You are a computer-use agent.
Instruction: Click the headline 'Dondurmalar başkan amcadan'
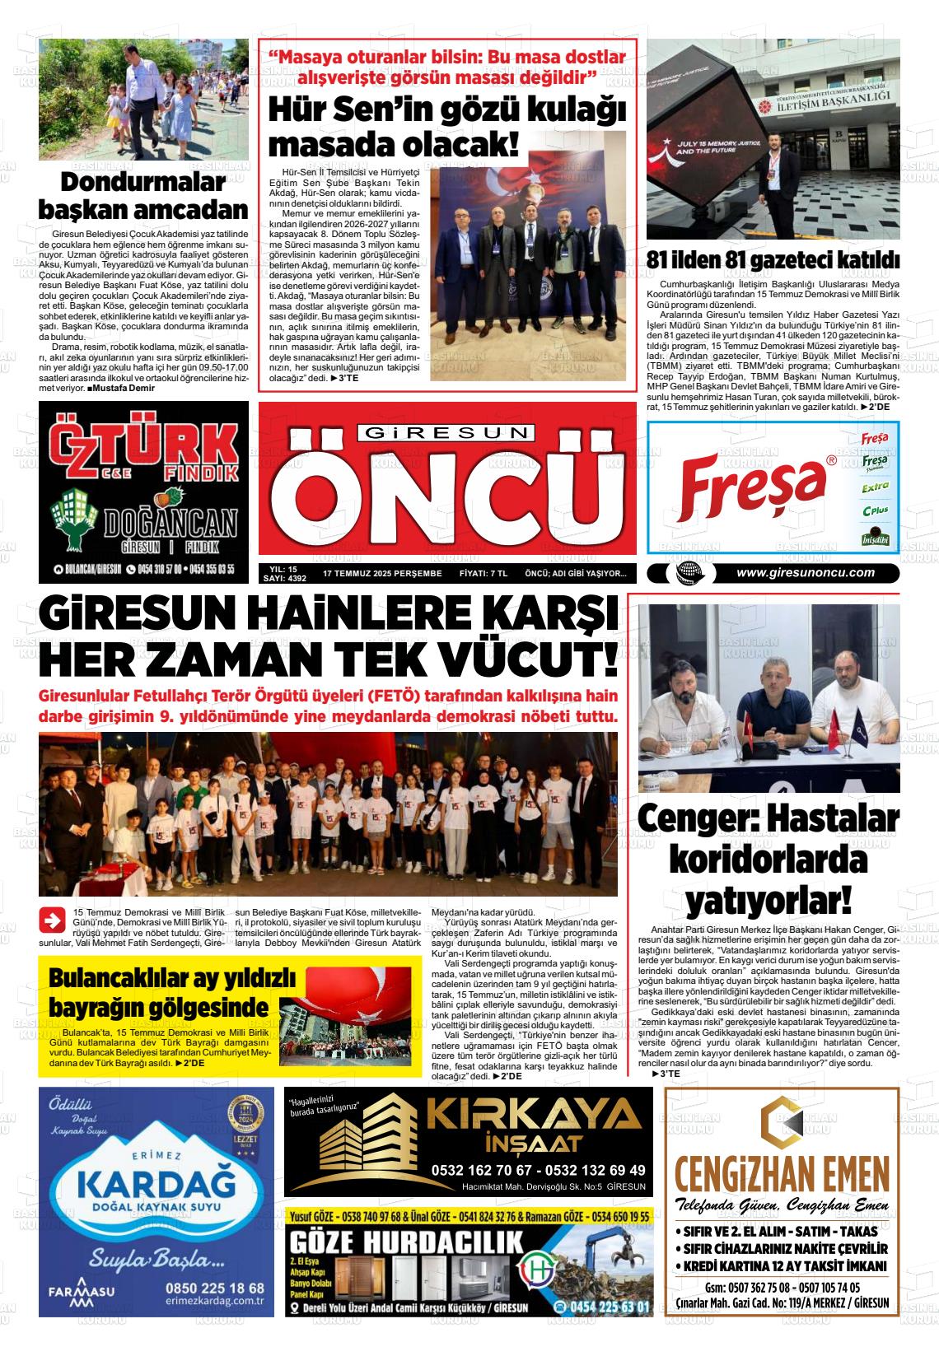pos(143,196)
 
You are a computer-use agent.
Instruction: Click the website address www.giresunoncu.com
pos(805,573)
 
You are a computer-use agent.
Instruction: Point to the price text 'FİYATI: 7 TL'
pos(483,573)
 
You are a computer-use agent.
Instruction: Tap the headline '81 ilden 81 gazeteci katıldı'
pos(773,260)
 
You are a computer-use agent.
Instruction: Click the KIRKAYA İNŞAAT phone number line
pos(538,1170)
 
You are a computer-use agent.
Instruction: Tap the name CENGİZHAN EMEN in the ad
pos(782,1172)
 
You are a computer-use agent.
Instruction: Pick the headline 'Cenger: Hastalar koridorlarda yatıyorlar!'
pos(768,860)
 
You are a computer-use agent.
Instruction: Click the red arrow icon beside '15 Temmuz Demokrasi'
pos(53,920)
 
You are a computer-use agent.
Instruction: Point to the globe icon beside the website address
pos(684,574)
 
